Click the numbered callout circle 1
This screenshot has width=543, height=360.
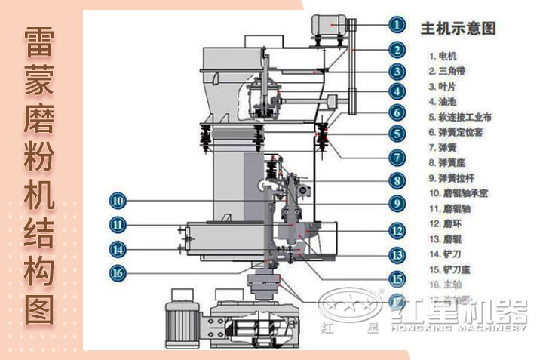397,24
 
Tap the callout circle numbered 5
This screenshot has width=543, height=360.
397,134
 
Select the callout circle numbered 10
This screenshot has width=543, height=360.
118,201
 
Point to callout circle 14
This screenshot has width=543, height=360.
118,248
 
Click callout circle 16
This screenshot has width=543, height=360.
118,272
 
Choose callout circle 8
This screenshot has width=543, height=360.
397,180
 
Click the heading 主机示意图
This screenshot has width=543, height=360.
458,29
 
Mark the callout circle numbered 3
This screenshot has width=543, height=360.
397,72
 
